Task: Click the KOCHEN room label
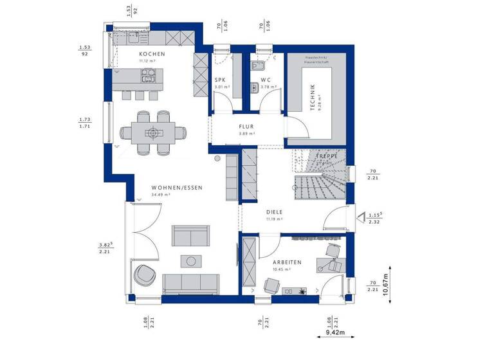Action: [152, 54]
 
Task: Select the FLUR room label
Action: [247, 127]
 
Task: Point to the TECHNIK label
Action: [312, 98]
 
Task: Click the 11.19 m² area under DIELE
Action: [273, 219]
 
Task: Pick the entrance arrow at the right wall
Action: [360, 218]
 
